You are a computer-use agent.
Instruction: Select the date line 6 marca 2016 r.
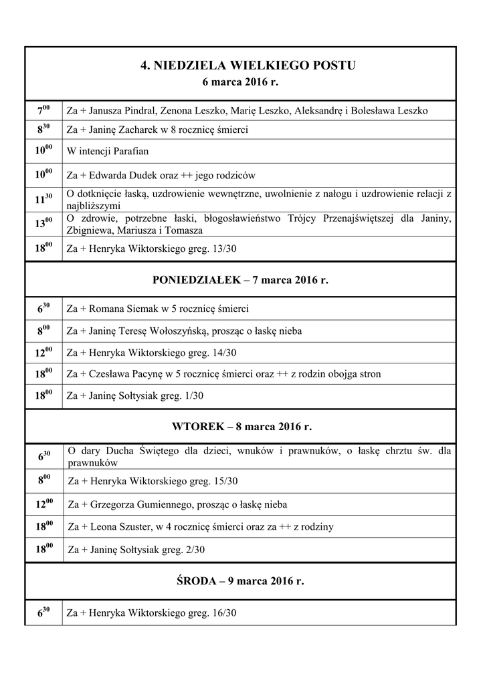click(239, 83)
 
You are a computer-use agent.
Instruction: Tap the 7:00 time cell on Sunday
click(43, 110)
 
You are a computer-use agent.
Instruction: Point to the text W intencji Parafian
click(108, 151)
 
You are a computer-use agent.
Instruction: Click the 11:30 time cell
click(43, 198)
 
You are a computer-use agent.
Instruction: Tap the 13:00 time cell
click(43, 224)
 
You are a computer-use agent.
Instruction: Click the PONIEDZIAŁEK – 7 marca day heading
click(240, 280)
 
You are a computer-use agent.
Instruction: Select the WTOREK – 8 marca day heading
click(241, 426)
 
